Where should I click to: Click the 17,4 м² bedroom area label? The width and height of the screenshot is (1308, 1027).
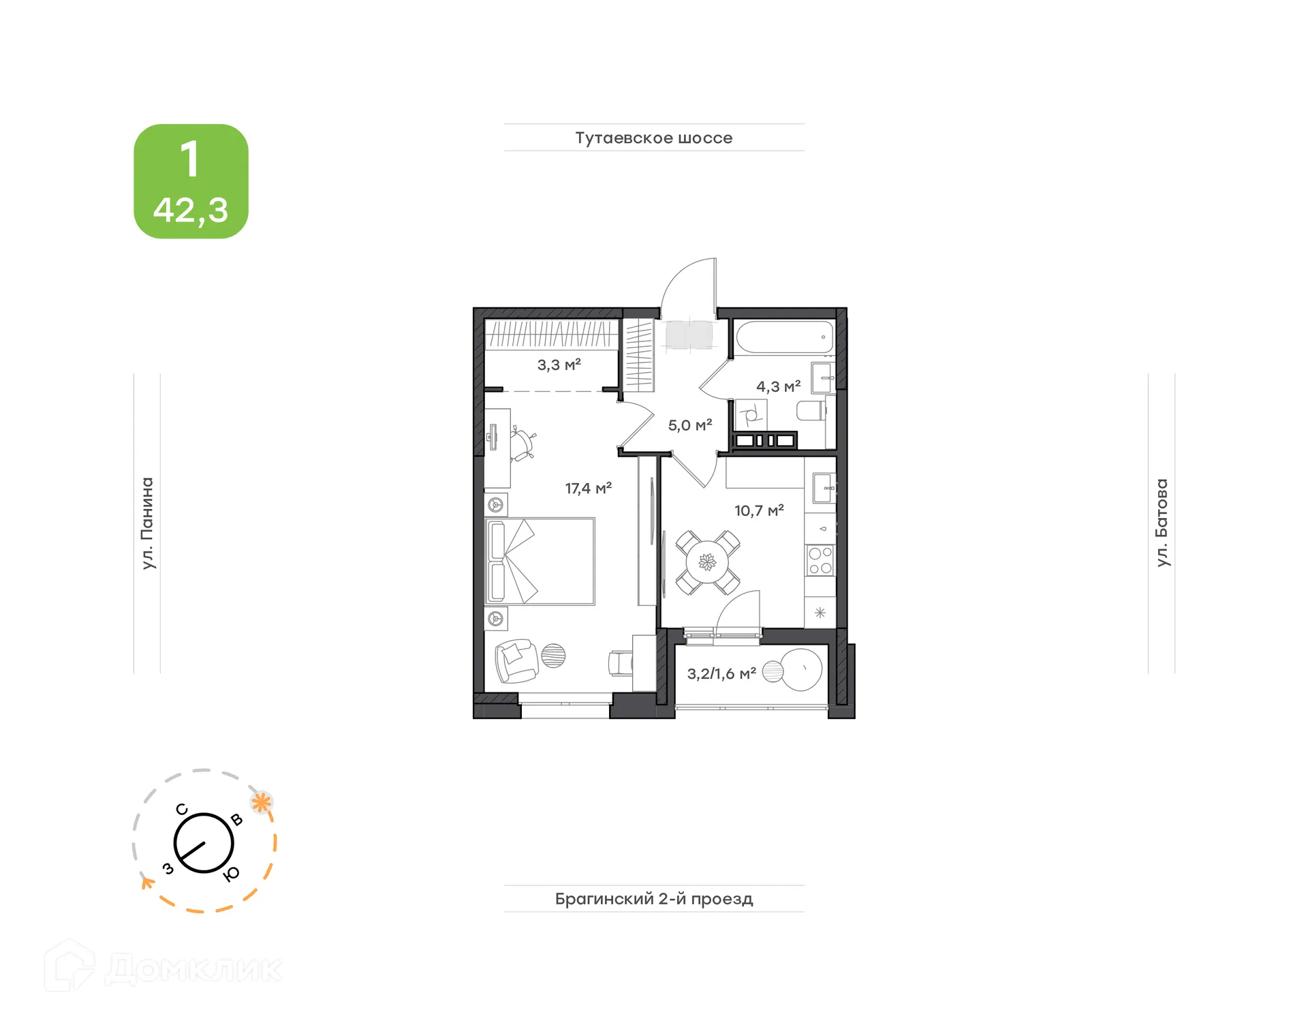coord(588,488)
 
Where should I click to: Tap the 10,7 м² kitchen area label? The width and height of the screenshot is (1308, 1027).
coord(759,510)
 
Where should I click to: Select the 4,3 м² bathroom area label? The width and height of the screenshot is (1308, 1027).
coord(778,386)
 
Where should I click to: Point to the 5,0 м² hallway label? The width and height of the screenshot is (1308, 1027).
coord(689,425)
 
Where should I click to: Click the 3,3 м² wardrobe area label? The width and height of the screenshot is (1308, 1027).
coord(559,365)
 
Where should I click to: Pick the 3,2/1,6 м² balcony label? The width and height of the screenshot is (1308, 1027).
coord(721,674)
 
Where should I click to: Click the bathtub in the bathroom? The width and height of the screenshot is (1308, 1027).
coord(784,337)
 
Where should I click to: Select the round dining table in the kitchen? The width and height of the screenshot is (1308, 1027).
coord(708,562)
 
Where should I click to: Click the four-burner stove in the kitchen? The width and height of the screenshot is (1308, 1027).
coord(820,560)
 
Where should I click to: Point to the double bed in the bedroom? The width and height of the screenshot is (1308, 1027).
coord(540,561)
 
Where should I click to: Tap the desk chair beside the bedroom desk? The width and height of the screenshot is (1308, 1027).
coord(523,444)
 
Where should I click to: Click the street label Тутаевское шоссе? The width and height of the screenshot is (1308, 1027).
coord(653,138)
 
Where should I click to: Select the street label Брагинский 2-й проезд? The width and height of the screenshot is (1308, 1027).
coord(653,898)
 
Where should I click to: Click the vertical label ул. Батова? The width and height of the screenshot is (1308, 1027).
coord(1162,523)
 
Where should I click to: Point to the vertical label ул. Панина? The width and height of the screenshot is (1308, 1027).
coord(147,523)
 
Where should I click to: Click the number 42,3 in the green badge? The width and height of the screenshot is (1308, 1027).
coord(191,210)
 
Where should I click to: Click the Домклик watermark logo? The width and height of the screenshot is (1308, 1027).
coord(163,968)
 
